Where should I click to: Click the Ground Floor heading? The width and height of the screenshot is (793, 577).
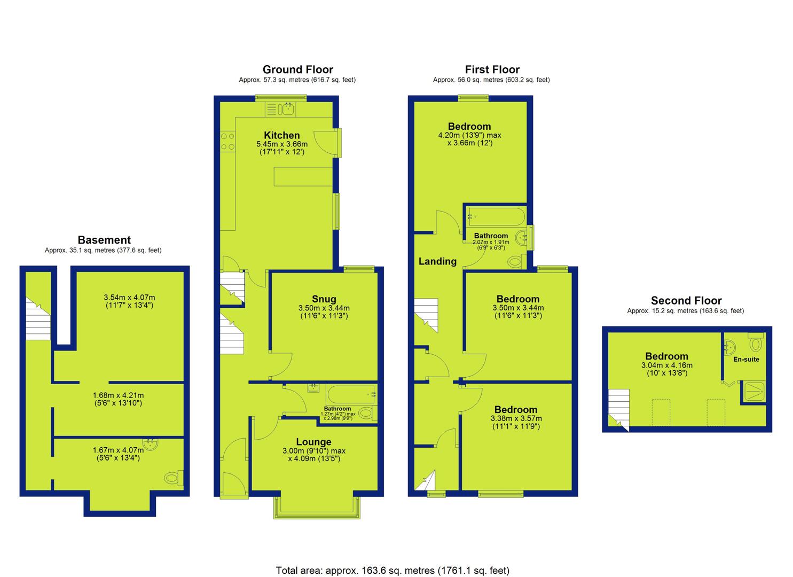point(298,69)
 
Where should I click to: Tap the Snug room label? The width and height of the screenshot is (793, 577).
point(324,299)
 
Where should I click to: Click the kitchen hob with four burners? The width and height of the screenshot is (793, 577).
point(227,142)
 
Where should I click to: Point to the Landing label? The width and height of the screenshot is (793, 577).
point(437,261)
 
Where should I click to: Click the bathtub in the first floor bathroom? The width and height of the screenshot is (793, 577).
point(496,217)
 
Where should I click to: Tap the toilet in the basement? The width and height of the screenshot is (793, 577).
point(174,478)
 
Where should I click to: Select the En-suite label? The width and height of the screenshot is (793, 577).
point(746,359)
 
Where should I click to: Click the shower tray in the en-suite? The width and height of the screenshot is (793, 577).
point(753,392)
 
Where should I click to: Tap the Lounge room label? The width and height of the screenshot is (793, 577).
point(313,442)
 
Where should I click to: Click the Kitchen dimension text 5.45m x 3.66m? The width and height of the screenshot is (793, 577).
point(282,144)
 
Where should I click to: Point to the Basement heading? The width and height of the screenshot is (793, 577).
point(104,240)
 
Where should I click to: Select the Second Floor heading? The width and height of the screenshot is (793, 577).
point(686,300)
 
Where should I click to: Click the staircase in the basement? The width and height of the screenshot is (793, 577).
point(38,318)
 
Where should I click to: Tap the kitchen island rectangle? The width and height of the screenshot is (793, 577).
point(303,176)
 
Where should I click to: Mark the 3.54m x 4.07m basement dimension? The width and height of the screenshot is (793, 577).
point(129,298)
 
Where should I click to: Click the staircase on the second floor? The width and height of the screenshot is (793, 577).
point(619,410)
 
